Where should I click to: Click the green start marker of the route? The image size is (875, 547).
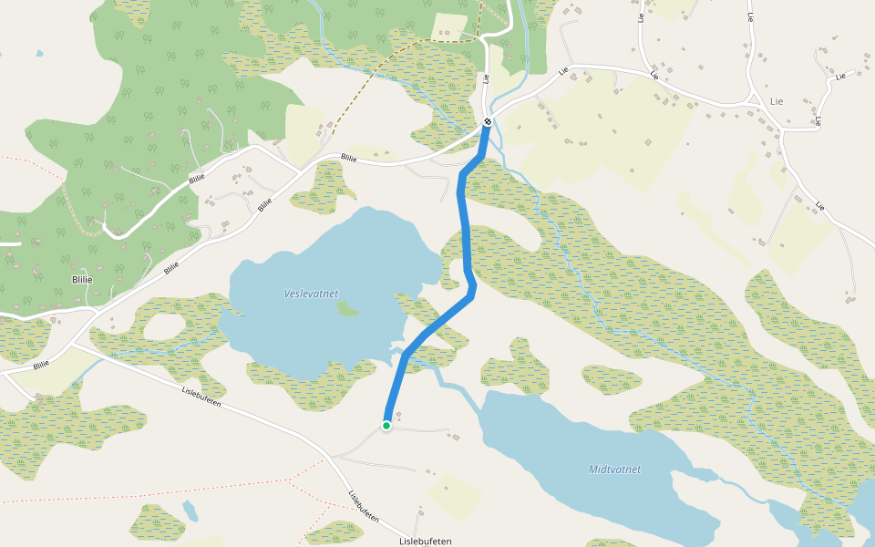[386, 426]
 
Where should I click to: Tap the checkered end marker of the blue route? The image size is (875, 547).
[489, 121]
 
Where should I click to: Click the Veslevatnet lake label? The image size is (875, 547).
[311, 294]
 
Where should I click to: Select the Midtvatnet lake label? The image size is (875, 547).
[614, 470]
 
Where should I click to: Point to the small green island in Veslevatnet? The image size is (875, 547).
[347, 309]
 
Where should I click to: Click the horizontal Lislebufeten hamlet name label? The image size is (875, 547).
[426, 541]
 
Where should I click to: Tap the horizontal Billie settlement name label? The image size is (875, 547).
[82, 280]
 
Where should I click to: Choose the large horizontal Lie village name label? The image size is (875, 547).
[777, 100]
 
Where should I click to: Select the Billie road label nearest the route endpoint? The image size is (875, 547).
[348, 158]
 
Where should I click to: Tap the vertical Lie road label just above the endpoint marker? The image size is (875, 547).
[487, 78]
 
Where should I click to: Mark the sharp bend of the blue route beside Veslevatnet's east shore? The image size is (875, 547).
[473, 290]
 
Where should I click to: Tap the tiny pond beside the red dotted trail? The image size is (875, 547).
[190, 511]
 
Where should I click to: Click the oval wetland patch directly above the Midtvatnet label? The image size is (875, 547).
[612, 379]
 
